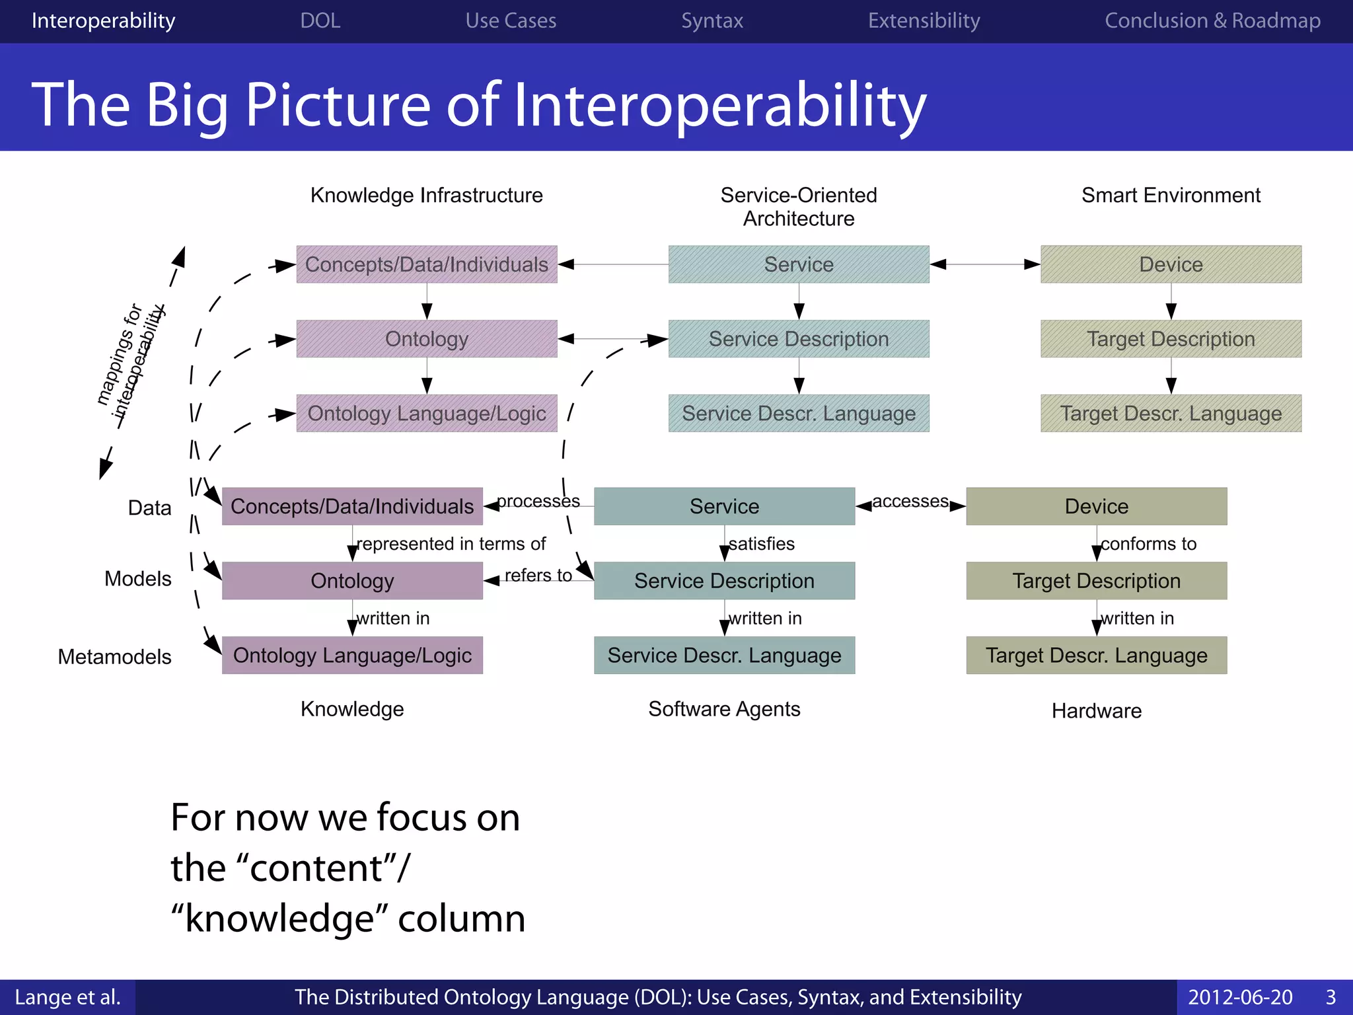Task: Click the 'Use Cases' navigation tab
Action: pos(511,20)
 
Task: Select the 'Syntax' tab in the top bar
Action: pos(712,20)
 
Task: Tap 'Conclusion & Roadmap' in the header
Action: pos(1212,20)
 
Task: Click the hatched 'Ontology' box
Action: pos(426,339)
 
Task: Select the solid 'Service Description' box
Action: pos(724,581)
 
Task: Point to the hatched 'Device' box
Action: pos(1171,264)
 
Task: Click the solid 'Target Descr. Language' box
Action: pos(1096,656)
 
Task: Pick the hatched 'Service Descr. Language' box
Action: pos(798,414)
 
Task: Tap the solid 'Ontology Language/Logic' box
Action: pos(352,656)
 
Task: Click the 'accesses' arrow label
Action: pos(910,501)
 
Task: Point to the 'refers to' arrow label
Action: pos(538,575)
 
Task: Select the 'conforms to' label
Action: pos(1148,543)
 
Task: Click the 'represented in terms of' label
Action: pos(451,543)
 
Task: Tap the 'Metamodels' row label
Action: pos(114,657)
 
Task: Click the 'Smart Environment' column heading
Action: pos(1171,195)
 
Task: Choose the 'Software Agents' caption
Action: pos(724,709)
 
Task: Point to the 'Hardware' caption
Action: pos(1096,710)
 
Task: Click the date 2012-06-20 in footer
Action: pos(1239,996)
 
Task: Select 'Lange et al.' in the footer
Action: pos(67,996)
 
